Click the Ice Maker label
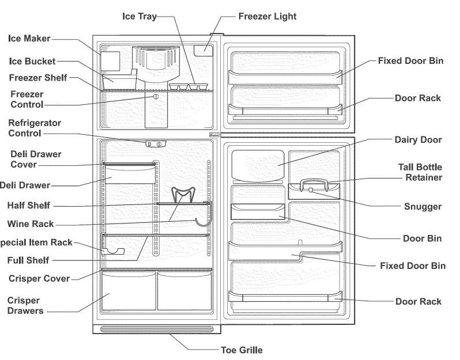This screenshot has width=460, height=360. pyautogui.click(x=29, y=39)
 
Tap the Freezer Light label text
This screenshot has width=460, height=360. pyautogui.click(x=267, y=16)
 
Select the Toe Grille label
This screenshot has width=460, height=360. pyautogui.click(x=242, y=350)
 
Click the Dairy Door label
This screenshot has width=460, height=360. pyautogui.click(x=418, y=139)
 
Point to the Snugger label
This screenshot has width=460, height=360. pyautogui.click(x=423, y=206)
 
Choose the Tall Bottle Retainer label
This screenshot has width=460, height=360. pyautogui.click(x=420, y=172)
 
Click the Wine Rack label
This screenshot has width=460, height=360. pyautogui.click(x=31, y=223)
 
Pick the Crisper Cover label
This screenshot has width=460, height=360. pyautogui.click(x=39, y=279)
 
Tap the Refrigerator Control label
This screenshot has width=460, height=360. pyautogui.click(x=35, y=128)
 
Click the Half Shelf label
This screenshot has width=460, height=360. pyautogui.click(x=29, y=205)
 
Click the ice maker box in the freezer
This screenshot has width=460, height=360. pyautogui.click(x=111, y=61)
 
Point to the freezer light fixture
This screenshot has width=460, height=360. pyautogui.click(x=203, y=50)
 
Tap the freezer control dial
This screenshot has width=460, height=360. pyautogui.click(x=154, y=98)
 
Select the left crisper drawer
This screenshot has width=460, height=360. pyautogui.click(x=129, y=291)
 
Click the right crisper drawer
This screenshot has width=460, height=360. pyautogui.click(x=185, y=291)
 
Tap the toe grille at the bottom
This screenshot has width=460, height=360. pyautogui.click(x=156, y=329)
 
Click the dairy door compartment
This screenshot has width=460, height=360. pyautogui.click(x=258, y=164)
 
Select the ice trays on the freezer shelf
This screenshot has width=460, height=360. pyautogui.click(x=188, y=87)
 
